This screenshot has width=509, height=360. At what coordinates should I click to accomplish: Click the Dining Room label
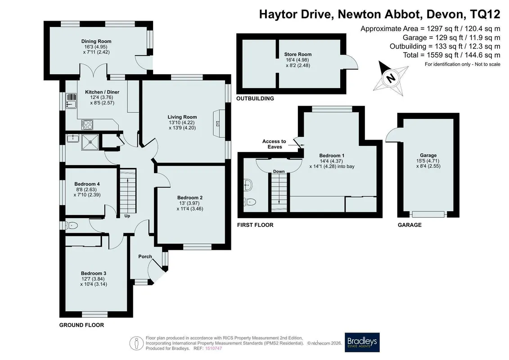pos(96,41)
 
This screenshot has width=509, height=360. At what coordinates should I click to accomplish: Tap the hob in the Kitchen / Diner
pos(87,125)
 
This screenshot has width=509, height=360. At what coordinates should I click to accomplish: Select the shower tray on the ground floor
pos(90,142)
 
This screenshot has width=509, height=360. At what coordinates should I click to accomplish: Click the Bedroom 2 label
pos(190,198)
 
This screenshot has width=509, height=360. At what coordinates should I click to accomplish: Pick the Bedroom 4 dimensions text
pos(87,192)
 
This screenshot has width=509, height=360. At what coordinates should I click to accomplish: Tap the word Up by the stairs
pos(127,216)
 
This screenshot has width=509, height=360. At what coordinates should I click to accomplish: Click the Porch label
pos(145,256)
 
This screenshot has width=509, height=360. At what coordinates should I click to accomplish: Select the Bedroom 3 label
pos(94,273)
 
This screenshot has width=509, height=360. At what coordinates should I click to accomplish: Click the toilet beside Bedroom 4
pos(72,225)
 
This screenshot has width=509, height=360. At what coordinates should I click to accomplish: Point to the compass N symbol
pos(391,78)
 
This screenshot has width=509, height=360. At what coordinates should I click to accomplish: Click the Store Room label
pos(297,54)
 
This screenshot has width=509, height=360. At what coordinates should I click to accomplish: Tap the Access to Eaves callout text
pos(274,144)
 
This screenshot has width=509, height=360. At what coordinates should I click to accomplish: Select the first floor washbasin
pos(248,184)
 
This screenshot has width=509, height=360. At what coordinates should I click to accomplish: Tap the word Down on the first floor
pos(279,171)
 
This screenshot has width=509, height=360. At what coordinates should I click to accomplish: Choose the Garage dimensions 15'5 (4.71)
pos(428,161)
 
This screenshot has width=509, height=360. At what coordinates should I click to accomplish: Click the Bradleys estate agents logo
pos(362,342)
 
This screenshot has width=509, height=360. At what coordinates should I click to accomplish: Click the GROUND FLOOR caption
pos(81,325)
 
